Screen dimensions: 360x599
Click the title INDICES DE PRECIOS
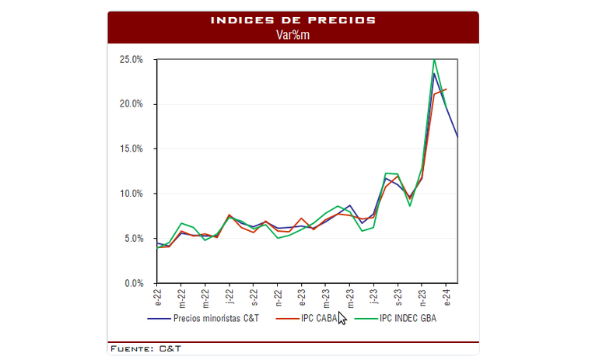(293, 19)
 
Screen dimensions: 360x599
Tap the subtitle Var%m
(293, 34)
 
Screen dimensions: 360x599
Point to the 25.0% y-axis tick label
(131, 59)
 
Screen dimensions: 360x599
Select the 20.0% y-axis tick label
(131, 104)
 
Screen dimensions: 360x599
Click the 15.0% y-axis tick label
(131, 149)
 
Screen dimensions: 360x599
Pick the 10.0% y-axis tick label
(131, 194)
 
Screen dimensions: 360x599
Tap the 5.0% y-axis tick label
(132, 239)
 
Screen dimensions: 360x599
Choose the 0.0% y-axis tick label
(132, 283)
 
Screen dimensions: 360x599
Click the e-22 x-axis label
(157, 296)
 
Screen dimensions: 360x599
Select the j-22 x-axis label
(229, 296)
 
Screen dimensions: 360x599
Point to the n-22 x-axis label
(278, 296)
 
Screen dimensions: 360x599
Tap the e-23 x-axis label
(302, 296)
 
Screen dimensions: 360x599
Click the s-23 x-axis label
(398, 296)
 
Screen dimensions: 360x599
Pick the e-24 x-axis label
(446, 296)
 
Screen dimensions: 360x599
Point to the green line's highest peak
(434, 60)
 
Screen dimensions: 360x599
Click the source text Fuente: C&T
(146, 348)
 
